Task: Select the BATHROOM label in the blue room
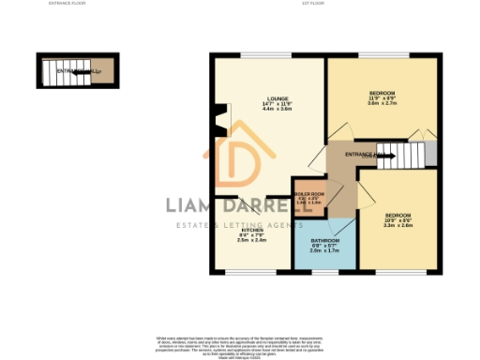click(325, 240)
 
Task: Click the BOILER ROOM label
click(309, 194)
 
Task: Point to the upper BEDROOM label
click(382, 94)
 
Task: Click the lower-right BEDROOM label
click(397, 215)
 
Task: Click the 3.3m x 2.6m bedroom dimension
click(397, 226)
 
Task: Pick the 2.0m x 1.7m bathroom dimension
click(325, 251)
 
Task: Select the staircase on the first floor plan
click(405, 155)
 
